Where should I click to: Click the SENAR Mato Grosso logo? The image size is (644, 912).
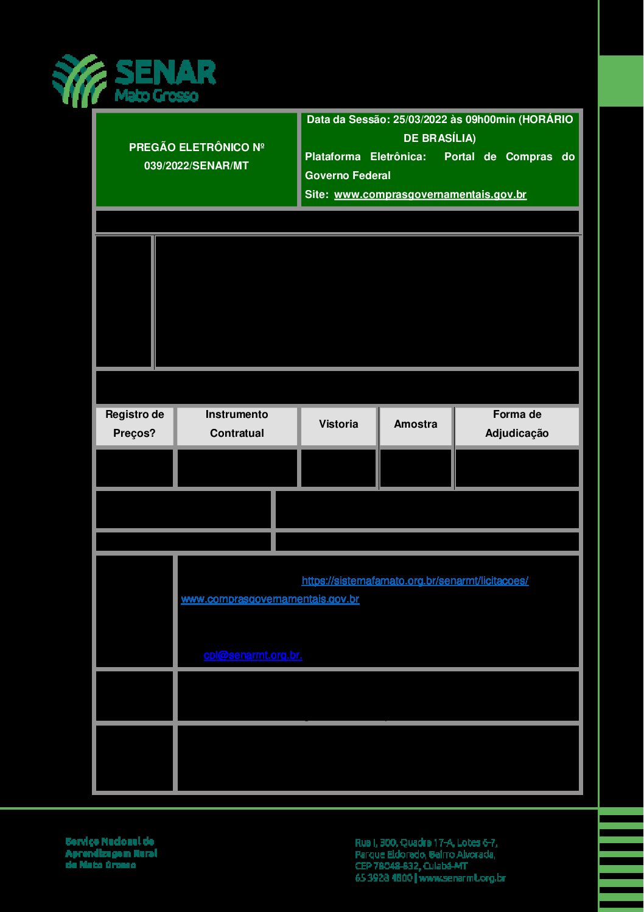click(x=134, y=80)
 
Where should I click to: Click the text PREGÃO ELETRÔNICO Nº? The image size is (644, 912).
click(x=196, y=147)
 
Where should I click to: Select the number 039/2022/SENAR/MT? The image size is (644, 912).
click(x=196, y=166)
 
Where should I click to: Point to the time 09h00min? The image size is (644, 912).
click(x=490, y=119)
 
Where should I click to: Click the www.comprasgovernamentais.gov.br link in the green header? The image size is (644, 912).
click(x=430, y=194)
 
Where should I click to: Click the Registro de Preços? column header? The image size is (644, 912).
click(x=135, y=424)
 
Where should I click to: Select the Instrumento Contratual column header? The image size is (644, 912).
click(x=237, y=424)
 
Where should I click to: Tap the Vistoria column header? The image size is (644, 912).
click(x=338, y=424)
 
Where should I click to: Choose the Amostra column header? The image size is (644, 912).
click(x=415, y=424)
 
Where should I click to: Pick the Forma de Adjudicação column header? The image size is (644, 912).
click(x=517, y=424)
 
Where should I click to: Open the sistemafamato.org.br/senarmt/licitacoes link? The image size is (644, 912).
click(x=415, y=581)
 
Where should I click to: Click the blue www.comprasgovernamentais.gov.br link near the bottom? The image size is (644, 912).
click(x=270, y=599)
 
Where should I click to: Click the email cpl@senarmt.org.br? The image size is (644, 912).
click(x=253, y=655)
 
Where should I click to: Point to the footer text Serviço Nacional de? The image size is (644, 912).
click(x=110, y=841)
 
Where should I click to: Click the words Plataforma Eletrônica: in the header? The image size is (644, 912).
click(x=365, y=157)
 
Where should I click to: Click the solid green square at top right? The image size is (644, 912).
click(x=621, y=80)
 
